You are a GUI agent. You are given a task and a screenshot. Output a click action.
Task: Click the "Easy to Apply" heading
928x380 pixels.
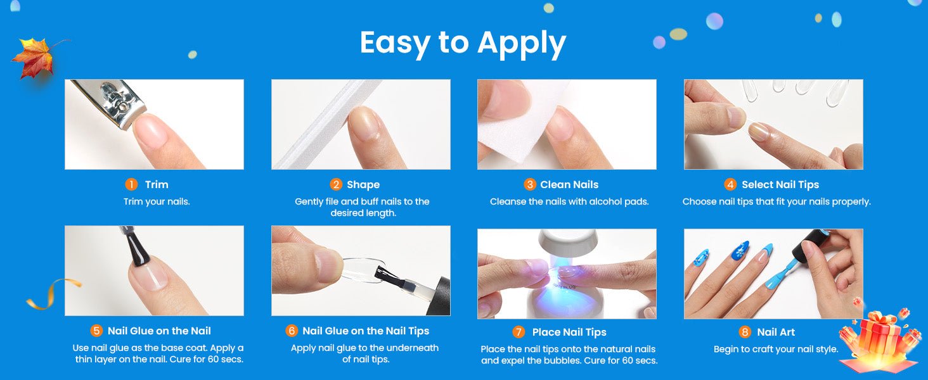(463, 43)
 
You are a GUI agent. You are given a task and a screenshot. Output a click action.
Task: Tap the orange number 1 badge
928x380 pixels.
(131, 184)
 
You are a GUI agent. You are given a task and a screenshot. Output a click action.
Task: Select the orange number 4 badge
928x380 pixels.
(730, 184)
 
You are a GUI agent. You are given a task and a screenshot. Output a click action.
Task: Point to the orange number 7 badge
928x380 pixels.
(519, 332)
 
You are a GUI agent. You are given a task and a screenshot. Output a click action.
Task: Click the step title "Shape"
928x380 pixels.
(363, 185)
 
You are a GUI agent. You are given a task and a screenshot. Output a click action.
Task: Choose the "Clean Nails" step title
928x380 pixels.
(569, 185)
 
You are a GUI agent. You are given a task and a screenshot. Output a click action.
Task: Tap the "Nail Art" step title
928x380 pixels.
(776, 332)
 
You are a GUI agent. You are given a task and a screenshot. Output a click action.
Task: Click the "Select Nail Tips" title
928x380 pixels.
(780, 185)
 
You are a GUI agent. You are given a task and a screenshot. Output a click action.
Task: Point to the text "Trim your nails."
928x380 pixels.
(157, 201)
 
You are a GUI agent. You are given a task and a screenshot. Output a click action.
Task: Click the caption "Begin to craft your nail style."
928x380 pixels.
(775, 349)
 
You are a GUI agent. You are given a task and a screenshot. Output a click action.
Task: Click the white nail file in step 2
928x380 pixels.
(327, 124)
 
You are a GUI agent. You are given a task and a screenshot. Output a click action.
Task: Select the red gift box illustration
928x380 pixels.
(880, 341)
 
